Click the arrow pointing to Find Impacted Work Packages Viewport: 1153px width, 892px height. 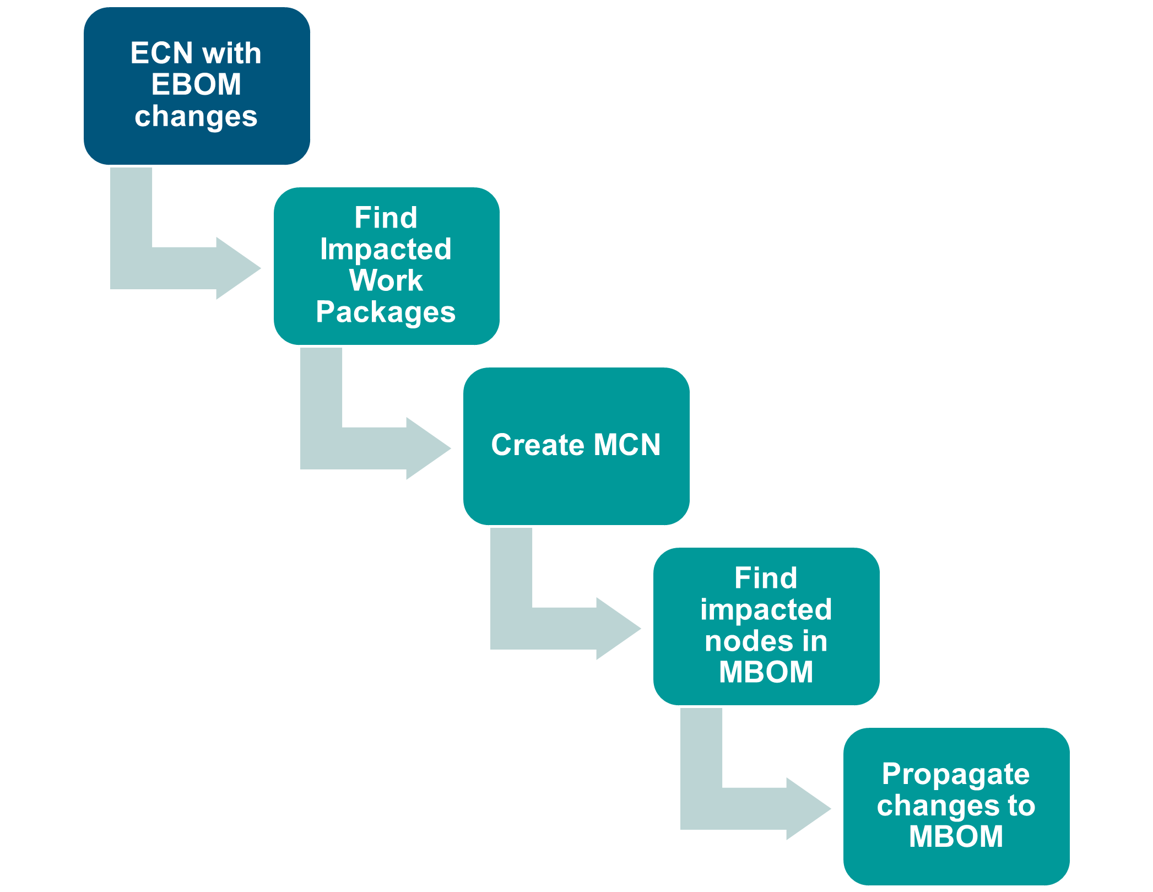tap(182, 269)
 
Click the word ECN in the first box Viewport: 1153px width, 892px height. tap(161, 53)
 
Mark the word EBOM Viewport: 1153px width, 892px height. tap(197, 84)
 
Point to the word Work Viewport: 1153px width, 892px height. tap(386, 280)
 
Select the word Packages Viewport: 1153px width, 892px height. tap(386, 312)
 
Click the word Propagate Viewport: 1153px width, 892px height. tap(956, 774)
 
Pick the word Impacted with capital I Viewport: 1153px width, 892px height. tap(386, 249)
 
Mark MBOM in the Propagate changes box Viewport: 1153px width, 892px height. tap(956, 836)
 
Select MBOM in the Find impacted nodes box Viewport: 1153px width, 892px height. tap(766, 672)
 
